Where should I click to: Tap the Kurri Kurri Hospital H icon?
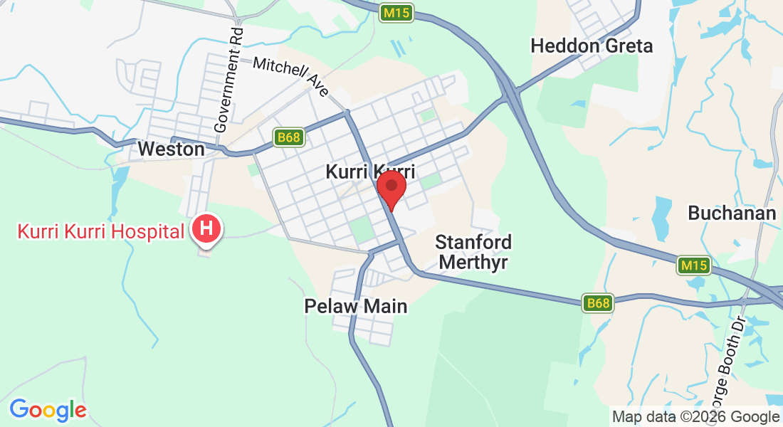point(206,229)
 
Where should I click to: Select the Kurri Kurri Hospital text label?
point(100,231)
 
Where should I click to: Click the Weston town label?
point(171,149)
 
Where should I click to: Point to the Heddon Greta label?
point(592,46)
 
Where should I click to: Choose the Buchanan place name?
point(731,213)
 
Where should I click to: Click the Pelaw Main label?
point(356,307)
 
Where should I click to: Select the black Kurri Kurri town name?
point(369,172)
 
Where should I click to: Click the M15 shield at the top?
point(396,13)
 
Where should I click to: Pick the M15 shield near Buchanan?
point(693,265)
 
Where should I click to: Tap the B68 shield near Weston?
point(288,137)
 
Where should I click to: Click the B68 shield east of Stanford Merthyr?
point(598,303)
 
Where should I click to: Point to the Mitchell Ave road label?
point(292,75)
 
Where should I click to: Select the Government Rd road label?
point(229,80)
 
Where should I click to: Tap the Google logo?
point(48,410)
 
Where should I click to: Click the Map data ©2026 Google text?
point(695,417)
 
